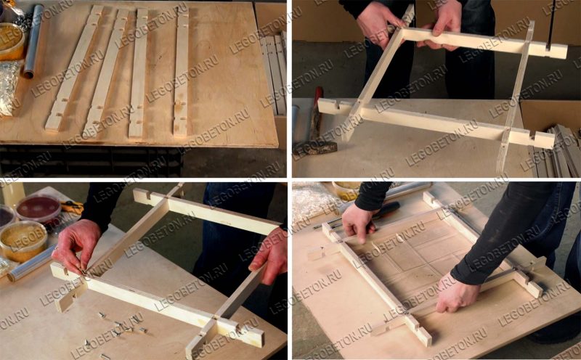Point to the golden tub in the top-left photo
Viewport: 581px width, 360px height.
[x=11, y=41]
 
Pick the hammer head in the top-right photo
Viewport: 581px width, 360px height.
[x=315, y=147]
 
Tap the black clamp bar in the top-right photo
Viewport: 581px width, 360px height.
[x=550, y=24]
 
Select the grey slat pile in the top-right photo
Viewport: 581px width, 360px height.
[x=556, y=151]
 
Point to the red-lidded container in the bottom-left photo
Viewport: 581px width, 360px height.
[x=38, y=209]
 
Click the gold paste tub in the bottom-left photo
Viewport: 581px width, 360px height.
[x=23, y=241]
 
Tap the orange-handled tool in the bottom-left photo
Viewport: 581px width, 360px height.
[x=72, y=207]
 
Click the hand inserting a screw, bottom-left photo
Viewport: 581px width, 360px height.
[x=76, y=245]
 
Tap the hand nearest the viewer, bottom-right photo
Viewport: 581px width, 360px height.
[x=457, y=293]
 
